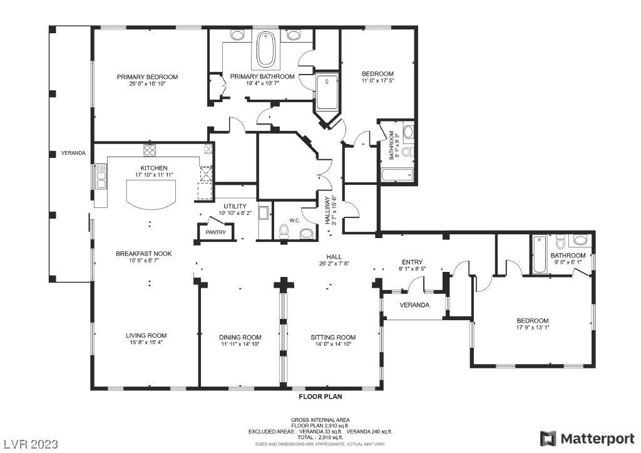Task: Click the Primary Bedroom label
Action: pyautogui.click(x=147, y=77)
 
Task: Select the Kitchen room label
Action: pyautogui.click(x=154, y=168)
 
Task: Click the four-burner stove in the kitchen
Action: pyautogui.click(x=150, y=150)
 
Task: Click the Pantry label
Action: pyautogui.click(x=215, y=232)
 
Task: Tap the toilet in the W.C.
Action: pyautogui.click(x=283, y=232)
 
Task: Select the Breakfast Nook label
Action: pyautogui.click(x=144, y=254)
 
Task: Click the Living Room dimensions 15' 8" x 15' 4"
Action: pyautogui.click(x=146, y=342)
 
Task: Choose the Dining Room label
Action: pyautogui.click(x=240, y=337)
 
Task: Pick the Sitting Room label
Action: pyautogui.click(x=333, y=337)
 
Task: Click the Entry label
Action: pyautogui.click(x=412, y=263)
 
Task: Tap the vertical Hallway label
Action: pyautogui.click(x=327, y=211)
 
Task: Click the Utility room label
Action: pyautogui.click(x=235, y=206)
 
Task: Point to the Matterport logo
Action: pyautogui.click(x=587, y=439)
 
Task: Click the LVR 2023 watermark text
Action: pyautogui.click(x=31, y=444)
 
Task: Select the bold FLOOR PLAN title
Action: pyautogui.click(x=320, y=397)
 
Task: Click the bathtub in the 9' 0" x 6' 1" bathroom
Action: pyautogui.click(x=539, y=254)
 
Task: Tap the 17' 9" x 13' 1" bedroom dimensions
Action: pyautogui.click(x=532, y=327)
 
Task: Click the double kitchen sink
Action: pyautogui.click(x=101, y=177)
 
